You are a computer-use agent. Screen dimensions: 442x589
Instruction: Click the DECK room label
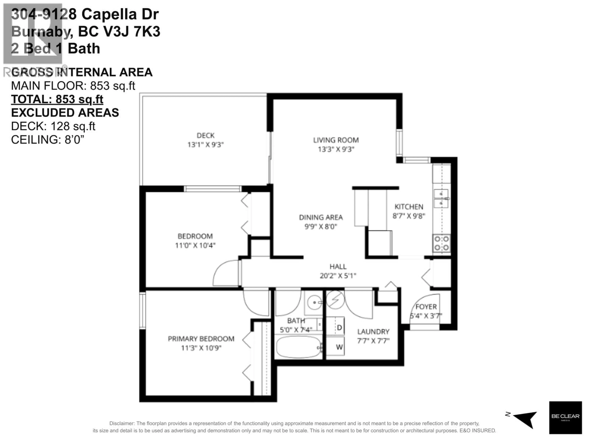pos(205,136)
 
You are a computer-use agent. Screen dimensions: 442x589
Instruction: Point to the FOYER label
pos(426,307)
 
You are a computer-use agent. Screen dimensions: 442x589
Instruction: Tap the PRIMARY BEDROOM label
pos(201,339)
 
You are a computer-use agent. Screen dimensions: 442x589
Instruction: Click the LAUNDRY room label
pos(373,332)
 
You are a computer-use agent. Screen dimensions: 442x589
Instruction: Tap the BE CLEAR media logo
pos(565,417)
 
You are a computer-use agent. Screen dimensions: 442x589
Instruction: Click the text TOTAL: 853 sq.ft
pos(57,99)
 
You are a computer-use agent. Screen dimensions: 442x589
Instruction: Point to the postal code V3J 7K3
pos(132,32)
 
